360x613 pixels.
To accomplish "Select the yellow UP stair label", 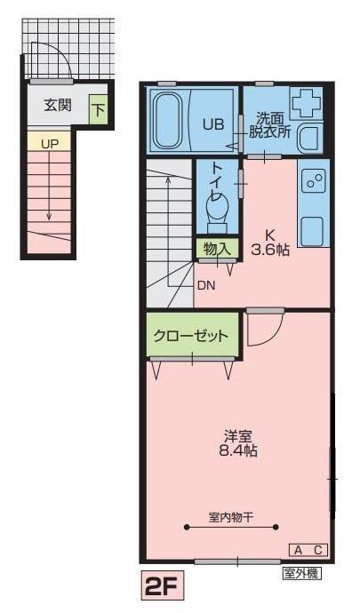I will click(49, 142).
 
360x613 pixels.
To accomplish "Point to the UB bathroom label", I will click(212, 124).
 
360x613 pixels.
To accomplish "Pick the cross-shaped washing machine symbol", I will click(308, 104).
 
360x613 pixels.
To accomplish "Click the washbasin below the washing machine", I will click(308, 139).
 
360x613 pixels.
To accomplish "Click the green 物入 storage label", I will click(217, 248).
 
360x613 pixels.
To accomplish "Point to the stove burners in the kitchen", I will click(314, 181).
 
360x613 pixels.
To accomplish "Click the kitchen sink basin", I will click(313, 229).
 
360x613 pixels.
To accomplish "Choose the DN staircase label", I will click(206, 285).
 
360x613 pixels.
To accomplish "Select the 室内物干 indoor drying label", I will click(232, 516).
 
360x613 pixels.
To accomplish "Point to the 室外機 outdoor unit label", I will click(301, 572).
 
